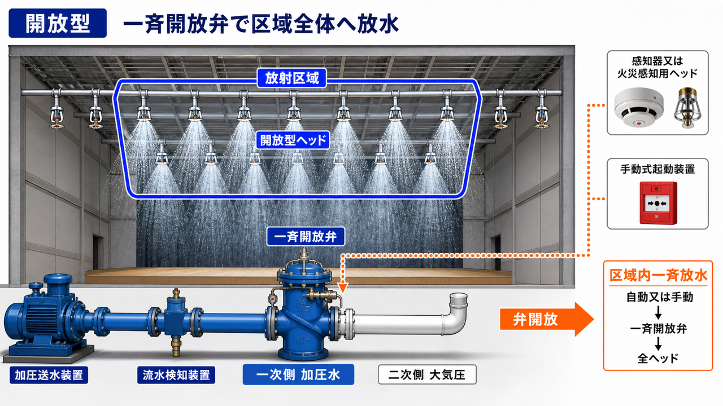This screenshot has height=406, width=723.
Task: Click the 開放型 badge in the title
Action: tap(58, 23)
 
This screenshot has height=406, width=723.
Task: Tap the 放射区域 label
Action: tap(292, 78)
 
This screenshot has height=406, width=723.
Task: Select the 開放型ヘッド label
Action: tap(293, 140)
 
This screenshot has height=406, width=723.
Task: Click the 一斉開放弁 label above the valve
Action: tap(306, 236)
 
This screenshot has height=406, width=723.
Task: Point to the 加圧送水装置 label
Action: tap(49, 375)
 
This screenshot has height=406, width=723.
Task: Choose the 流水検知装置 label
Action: tap(176, 375)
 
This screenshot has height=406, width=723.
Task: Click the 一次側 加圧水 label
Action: tap(298, 374)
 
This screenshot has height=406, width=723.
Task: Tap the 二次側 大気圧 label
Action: tap(427, 374)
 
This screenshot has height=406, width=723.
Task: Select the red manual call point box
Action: tap(659, 203)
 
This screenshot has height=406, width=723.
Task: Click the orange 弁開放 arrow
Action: tap(546, 319)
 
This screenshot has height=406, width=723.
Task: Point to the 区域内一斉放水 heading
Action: tap(658, 276)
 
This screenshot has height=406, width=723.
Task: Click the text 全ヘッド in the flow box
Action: tap(658, 358)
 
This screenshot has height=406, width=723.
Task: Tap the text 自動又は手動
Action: tap(660, 297)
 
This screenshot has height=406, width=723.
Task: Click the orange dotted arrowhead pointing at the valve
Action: tap(343, 288)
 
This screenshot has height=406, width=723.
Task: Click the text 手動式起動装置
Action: tap(657, 169)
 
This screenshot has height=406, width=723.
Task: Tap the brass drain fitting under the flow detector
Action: tap(176, 346)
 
